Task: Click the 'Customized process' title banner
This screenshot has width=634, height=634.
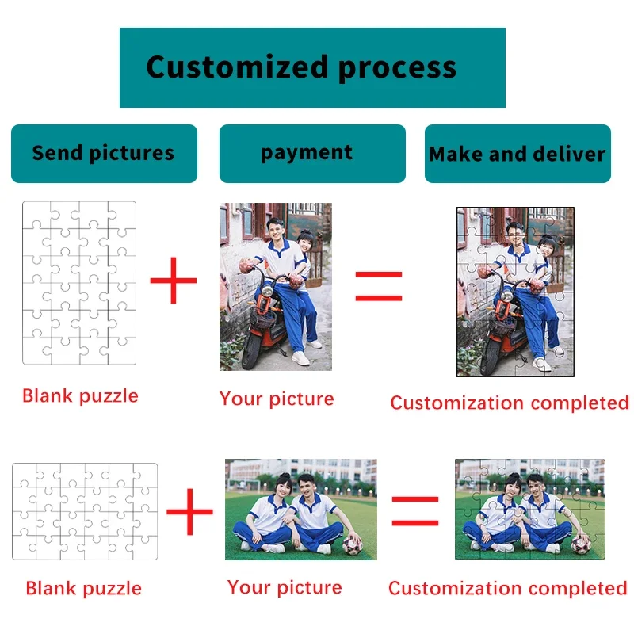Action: click(x=312, y=67)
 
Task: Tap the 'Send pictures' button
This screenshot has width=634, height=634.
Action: click(x=104, y=154)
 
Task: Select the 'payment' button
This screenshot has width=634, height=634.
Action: click(x=312, y=154)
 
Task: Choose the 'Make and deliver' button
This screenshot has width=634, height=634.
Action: click(x=518, y=154)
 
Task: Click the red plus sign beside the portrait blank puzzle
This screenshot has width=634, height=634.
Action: click(x=173, y=281)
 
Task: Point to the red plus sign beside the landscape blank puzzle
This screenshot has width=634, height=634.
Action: click(x=189, y=511)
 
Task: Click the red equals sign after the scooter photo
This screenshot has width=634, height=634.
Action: click(x=379, y=286)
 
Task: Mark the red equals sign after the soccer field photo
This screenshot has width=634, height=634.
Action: click(x=415, y=511)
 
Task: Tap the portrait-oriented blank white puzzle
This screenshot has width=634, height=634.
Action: click(x=79, y=283)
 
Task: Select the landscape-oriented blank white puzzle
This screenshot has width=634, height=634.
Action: click(x=85, y=511)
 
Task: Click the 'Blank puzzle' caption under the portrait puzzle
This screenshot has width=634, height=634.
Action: click(x=80, y=395)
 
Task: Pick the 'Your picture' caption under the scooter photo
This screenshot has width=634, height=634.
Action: click(x=277, y=399)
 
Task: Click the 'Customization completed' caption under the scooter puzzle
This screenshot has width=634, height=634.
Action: click(x=510, y=403)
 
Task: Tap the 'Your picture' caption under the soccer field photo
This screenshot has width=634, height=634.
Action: click(x=285, y=587)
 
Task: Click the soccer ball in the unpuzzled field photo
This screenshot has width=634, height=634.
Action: click(x=352, y=544)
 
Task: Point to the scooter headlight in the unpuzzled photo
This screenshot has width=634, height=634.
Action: click(x=267, y=290)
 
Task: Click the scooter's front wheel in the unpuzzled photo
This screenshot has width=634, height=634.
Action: click(x=251, y=351)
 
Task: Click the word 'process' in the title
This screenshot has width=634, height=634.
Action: click(x=397, y=69)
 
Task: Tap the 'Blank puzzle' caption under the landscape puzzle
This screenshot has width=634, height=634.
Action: click(x=84, y=588)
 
